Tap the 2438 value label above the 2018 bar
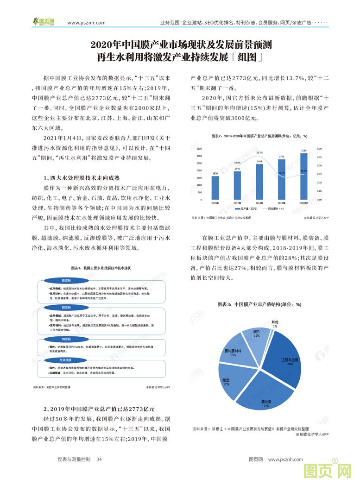[259, 161]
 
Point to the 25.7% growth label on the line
[259, 152]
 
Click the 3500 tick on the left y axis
[199, 149]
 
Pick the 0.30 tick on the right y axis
[319, 149]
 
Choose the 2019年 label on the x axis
[282, 203]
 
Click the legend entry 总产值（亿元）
[246, 209]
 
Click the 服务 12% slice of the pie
[256, 335]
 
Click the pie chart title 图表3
[259, 305]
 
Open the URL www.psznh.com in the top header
[86, 22]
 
